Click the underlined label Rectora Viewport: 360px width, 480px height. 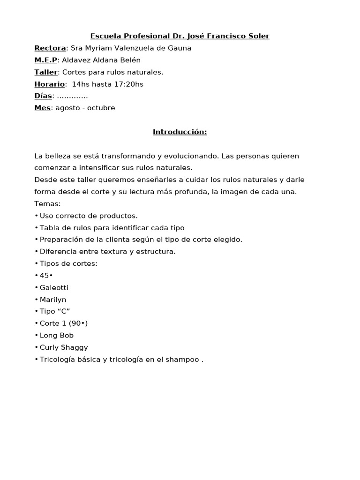point(50,48)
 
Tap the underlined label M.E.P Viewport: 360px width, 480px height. point(45,60)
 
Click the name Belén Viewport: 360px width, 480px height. point(130,60)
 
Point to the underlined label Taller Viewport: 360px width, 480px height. point(45,72)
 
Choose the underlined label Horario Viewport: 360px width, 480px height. point(49,84)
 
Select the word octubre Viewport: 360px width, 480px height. point(100,108)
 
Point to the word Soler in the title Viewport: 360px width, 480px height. point(259,36)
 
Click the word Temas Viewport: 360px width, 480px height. point(47,203)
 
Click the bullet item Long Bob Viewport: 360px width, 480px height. point(57,335)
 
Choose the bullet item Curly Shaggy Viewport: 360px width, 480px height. point(64,347)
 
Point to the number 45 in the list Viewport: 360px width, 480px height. point(44,276)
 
